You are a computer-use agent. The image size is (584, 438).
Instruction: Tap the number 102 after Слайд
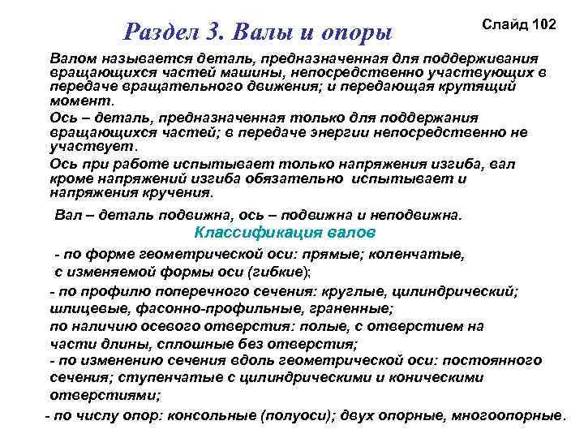[x=540, y=24]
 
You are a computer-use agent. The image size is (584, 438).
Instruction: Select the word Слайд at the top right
[x=502, y=24]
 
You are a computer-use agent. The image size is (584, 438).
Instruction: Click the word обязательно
[x=286, y=179]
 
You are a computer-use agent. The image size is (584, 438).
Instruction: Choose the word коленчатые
[x=419, y=254]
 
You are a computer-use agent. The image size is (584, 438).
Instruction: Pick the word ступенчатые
[x=165, y=377]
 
